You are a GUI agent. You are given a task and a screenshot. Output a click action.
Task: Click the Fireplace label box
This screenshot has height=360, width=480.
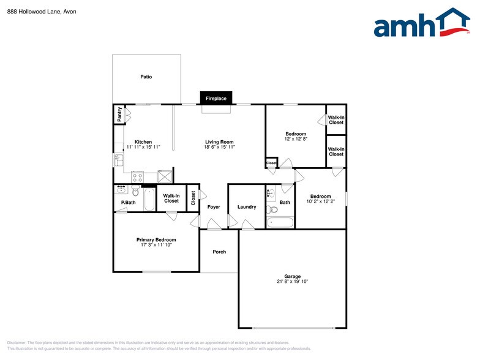click(216, 99)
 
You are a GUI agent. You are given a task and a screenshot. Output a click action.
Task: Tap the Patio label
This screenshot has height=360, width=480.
click(146, 77)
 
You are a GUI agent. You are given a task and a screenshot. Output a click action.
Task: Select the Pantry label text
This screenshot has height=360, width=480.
click(119, 114)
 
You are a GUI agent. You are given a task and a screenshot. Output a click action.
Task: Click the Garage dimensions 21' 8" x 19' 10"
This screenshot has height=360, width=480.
click(292, 282)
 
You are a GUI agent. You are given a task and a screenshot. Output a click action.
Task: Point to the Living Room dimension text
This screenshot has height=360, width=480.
click(220, 147)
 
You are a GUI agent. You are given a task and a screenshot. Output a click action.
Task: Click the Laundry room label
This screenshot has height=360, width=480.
click(247, 207)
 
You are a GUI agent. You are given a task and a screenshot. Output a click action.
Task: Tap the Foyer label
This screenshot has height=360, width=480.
click(214, 207)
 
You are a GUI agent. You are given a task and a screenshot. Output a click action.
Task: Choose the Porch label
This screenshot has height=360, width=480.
click(219, 252)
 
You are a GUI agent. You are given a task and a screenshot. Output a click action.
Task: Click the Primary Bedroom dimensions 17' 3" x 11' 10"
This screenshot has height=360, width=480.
click(156, 245)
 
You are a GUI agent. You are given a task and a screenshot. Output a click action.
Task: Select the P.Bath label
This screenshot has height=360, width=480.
click(128, 202)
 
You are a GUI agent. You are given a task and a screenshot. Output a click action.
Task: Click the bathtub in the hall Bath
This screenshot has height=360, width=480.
click(281, 222)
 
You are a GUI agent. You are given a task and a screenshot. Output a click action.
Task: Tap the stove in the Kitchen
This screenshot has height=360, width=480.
click(137, 177)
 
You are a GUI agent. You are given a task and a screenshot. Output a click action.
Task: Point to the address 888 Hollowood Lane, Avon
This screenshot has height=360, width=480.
click(42, 11)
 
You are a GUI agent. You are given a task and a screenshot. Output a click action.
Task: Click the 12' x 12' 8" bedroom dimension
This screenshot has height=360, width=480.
click(296, 139)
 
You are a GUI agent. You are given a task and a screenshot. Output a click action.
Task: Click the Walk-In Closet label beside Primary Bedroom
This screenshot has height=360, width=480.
click(171, 198)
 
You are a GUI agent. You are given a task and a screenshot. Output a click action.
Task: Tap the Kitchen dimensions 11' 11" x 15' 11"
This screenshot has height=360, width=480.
click(143, 147)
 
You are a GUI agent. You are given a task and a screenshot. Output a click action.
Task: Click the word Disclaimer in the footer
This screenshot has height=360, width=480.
click(17, 342)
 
